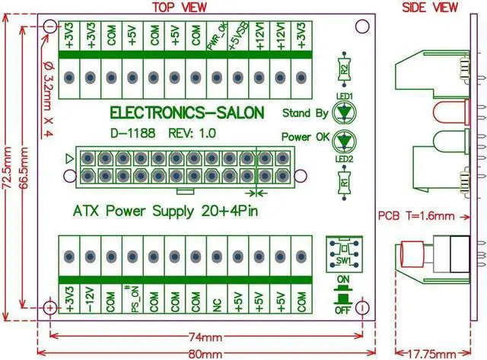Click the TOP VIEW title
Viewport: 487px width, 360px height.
pyautogui.click(x=180, y=8)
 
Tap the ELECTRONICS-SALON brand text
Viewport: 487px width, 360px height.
pyautogui.click(x=187, y=113)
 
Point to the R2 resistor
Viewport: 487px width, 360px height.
pyautogui.click(x=345, y=70)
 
